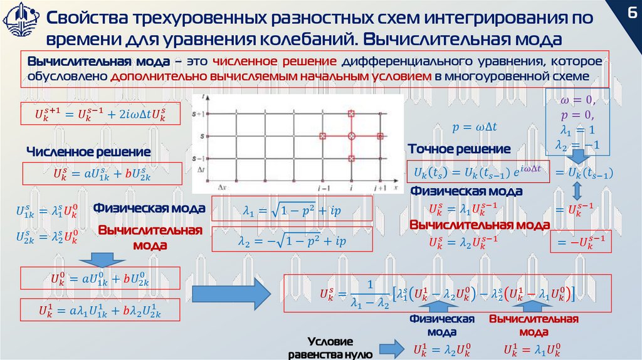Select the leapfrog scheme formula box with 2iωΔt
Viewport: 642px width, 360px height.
(101, 115)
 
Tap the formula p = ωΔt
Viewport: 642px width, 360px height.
(474, 127)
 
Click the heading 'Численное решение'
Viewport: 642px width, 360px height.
(88, 152)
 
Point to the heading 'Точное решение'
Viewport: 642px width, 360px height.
(459, 149)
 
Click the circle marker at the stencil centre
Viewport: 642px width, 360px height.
(351, 135)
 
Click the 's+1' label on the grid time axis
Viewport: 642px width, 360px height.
(199, 113)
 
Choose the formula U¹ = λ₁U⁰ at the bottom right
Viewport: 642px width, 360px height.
(532, 349)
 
